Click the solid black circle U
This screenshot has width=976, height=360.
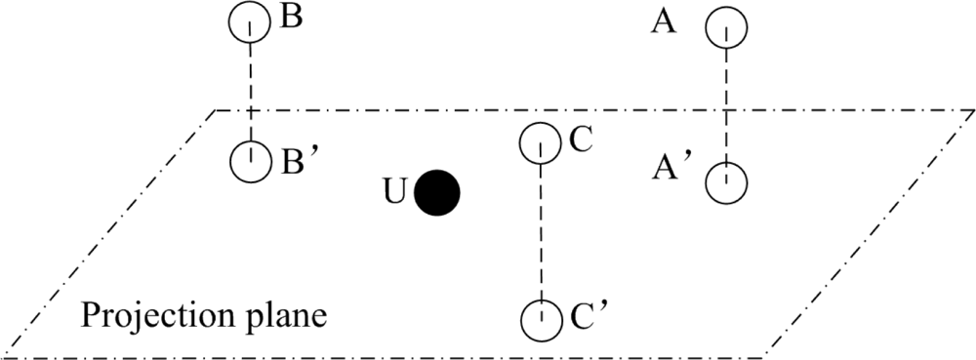point(436,192)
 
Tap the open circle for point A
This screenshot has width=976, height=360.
point(727,28)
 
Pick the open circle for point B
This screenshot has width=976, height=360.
point(250,23)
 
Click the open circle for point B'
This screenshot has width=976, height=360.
point(251,160)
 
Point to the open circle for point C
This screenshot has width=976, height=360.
point(540,143)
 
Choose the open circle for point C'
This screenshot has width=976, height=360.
point(540,318)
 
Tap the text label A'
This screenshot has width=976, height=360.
point(672,170)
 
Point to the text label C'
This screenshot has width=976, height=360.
point(586,316)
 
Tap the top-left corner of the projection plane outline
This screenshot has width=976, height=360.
point(216,110)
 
